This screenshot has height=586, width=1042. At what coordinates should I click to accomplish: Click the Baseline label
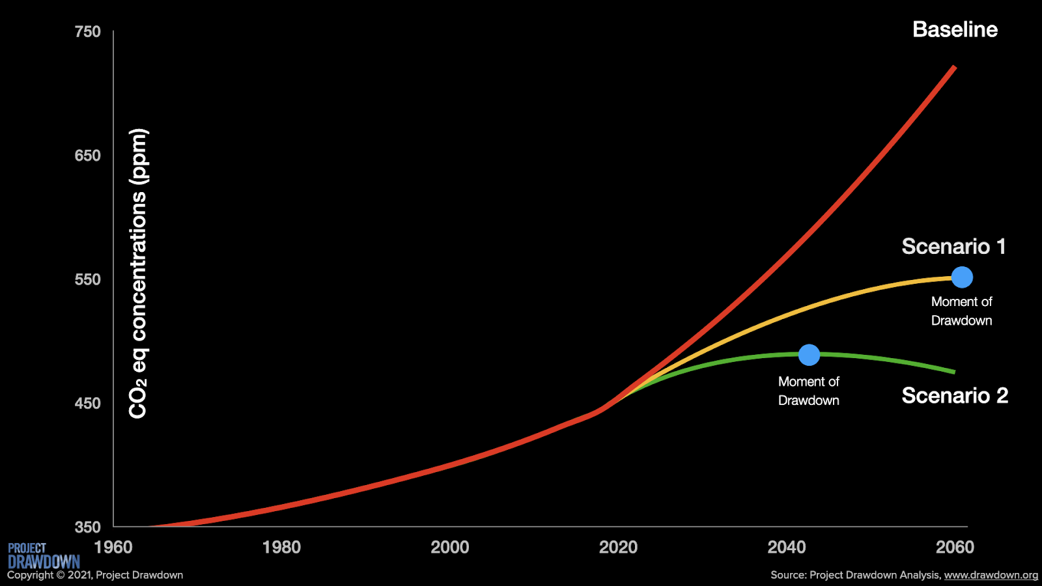click(x=955, y=30)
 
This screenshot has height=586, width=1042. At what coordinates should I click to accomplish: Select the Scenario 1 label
click(x=953, y=247)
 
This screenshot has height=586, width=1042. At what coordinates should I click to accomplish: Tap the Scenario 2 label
click(x=955, y=396)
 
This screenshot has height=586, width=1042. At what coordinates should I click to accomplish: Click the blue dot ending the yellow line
click(x=962, y=277)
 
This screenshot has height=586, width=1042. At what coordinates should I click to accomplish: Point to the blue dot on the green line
click(x=809, y=355)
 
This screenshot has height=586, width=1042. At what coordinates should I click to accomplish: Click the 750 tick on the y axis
click(x=88, y=32)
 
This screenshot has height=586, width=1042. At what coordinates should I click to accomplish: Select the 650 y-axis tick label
click(x=88, y=156)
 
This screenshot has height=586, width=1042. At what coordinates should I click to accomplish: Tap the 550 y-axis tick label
click(x=88, y=279)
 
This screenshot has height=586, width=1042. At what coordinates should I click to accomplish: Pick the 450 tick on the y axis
click(x=88, y=404)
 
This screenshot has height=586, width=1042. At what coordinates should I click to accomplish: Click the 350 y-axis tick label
click(x=88, y=527)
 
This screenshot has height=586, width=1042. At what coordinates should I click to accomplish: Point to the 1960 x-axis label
click(x=113, y=547)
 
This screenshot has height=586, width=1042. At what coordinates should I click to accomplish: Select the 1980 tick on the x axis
click(x=281, y=547)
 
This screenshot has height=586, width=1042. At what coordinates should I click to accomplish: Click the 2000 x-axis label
click(x=450, y=547)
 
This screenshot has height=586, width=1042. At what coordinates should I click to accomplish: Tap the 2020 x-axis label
click(x=618, y=547)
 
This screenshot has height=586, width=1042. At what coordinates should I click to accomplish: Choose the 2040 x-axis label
click(x=787, y=547)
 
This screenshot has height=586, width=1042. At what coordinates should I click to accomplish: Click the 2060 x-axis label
click(x=955, y=547)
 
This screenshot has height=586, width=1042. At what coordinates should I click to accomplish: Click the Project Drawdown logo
click(x=44, y=556)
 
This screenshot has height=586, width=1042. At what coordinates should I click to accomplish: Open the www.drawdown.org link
click(x=991, y=575)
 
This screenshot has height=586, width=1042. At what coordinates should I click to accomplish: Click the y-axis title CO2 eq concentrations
click(x=139, y=273)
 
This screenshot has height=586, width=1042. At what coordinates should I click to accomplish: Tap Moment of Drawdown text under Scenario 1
click(x=961, y=311)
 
